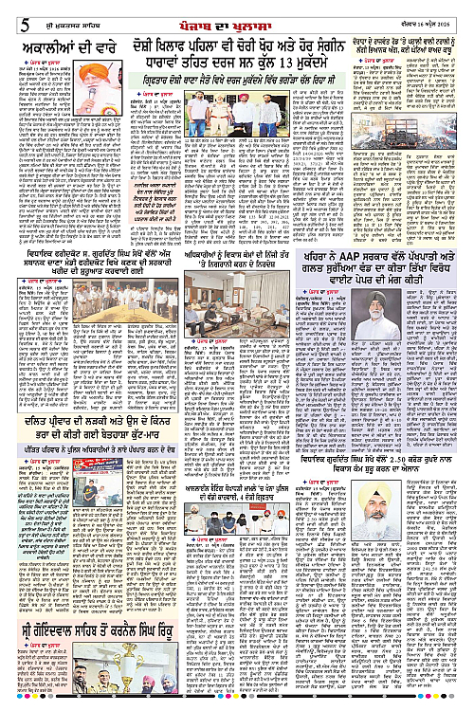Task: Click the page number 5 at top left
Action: coord(9,12)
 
